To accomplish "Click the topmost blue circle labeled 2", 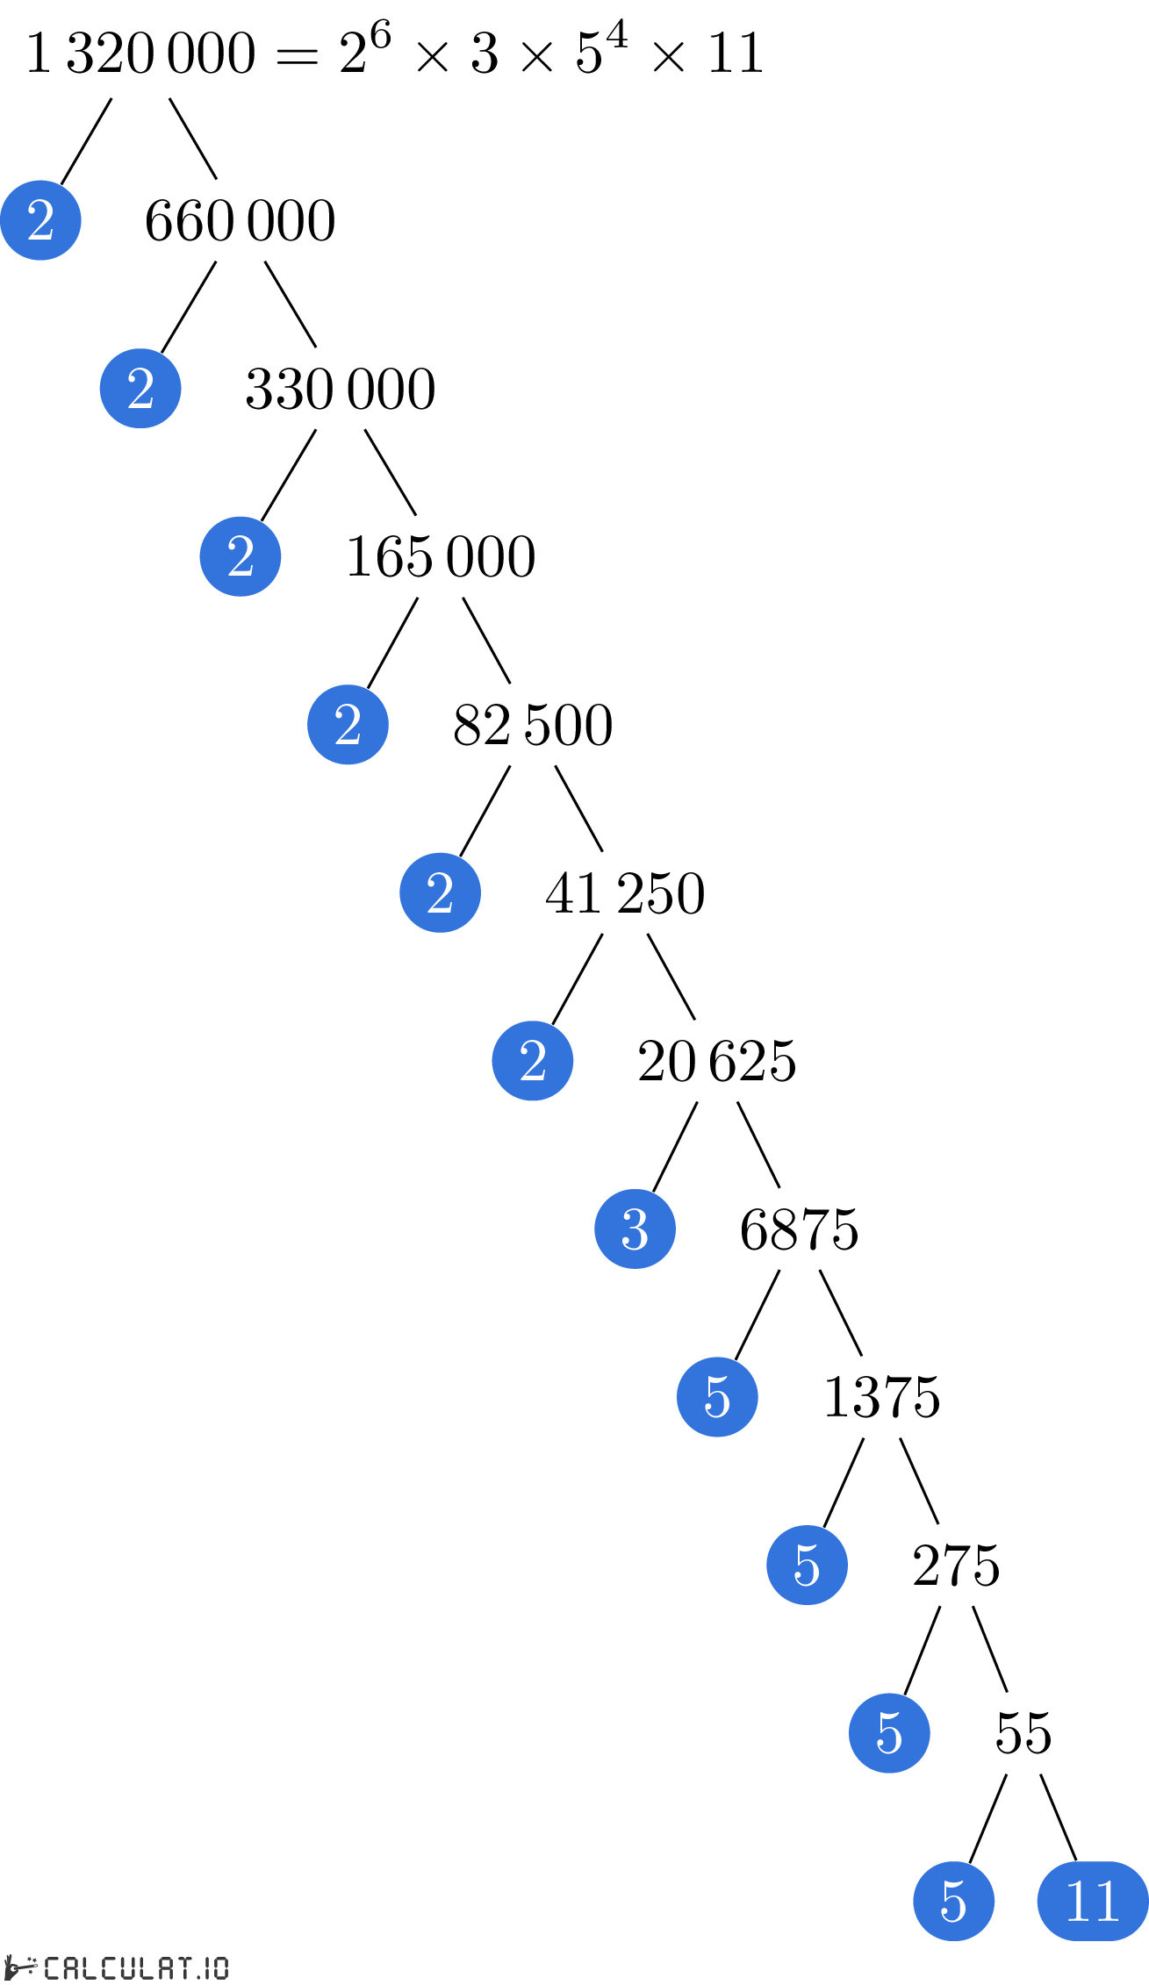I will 40,220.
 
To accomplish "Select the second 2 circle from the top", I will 140,388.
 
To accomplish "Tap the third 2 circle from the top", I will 241,556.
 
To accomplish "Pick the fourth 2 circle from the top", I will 348,724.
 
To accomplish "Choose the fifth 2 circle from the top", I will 440,892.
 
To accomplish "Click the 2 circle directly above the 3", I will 533,1060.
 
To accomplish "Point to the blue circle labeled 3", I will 635,1229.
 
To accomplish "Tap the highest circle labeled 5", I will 717,1396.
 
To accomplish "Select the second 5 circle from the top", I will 807,1565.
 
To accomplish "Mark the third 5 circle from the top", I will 889,1732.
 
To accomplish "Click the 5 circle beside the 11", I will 953,1901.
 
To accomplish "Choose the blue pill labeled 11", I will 1093,1901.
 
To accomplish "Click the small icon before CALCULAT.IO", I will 19,1967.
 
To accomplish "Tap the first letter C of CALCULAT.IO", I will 52,1967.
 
